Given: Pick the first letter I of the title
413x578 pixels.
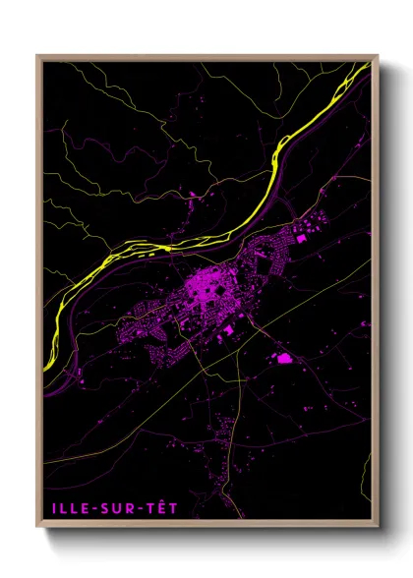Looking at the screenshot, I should click(x=48, y=510).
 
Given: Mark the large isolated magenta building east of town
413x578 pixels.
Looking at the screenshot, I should click(x=285, y=359).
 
